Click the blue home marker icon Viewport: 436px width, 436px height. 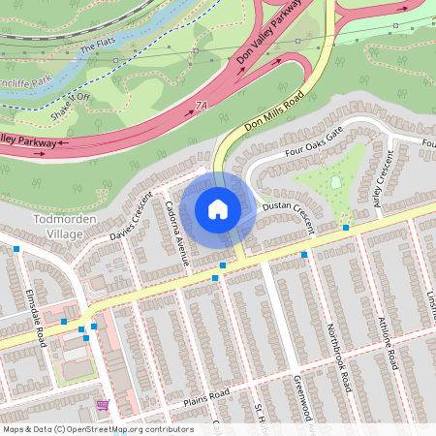(x=218, y=208)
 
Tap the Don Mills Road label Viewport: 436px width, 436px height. (x=275, y=111)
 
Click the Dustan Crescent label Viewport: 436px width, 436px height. (x=288, y=213)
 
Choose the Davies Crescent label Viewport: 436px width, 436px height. (x=131, y=222)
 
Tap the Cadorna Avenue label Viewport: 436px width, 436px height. (x=176, y=233)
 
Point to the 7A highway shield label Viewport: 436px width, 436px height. (x=202, y=105)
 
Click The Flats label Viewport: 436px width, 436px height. (x=97, y=45)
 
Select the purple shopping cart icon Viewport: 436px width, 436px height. (x=102, y=404)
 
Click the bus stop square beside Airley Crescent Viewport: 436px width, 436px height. (x=346, y=228)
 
